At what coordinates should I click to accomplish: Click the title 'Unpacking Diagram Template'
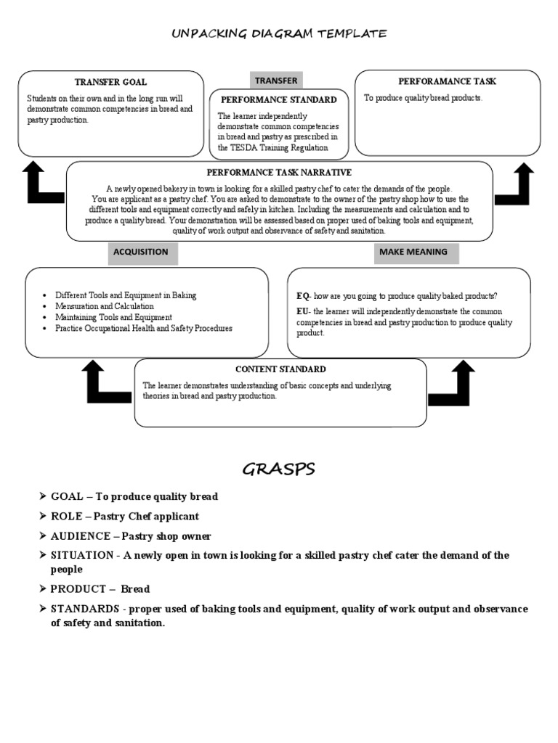(x=279, y=33)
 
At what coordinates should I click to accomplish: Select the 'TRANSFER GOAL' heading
(x=110, y=82)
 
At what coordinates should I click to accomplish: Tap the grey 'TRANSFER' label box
(x=276, y=81)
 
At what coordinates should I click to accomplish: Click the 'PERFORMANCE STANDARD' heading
(x=279, y=99)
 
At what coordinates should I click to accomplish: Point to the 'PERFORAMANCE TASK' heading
(x=447, y=81)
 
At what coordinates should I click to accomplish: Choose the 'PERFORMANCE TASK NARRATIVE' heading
(x=279, y=172)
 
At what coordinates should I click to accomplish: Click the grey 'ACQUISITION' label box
(x=141, y=253)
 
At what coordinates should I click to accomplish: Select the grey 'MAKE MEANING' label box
(x=413, y=253)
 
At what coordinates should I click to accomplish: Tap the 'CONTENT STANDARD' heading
(x=280, y=369)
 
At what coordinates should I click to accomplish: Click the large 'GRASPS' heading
(x=279, y=469)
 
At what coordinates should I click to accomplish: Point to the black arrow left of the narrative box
(x=42, y=184)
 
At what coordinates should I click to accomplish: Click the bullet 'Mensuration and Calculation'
(x=104, y=306)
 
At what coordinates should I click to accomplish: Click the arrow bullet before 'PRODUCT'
(x=42, y=588)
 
